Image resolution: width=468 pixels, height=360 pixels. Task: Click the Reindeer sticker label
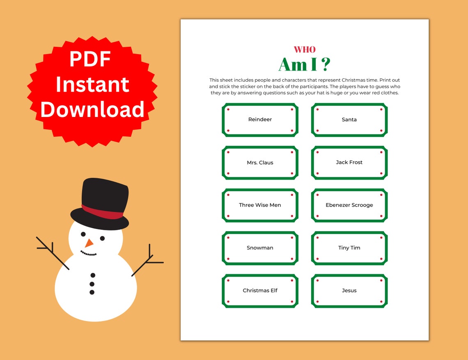point(260,119)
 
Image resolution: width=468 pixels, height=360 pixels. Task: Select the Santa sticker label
point(349,119)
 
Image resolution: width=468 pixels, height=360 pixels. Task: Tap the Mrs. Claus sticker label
point(260,163)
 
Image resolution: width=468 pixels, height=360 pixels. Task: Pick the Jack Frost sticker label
point(349,162)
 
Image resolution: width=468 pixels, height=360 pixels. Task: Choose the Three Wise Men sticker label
point(260,205)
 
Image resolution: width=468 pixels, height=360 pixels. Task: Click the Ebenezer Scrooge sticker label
point(349,205)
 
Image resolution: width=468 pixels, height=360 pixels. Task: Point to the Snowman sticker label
point(260,248)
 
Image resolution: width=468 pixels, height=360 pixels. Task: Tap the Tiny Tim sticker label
point(349,248)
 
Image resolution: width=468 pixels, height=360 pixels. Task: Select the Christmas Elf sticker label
point(260,290)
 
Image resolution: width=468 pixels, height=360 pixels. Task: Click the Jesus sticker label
point(349,290)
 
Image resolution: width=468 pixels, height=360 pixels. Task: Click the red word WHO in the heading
point(305,50)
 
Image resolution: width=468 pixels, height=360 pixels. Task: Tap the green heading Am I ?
point(304,64)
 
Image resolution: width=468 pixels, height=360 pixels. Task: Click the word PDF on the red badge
point(90,59)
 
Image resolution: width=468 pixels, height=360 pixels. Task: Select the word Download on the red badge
point(92,110)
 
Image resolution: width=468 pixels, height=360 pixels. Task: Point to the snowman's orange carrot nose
point(89,243)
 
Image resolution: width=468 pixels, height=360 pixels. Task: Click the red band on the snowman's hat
point(103,212)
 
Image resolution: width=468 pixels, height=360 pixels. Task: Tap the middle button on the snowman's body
point(92,284)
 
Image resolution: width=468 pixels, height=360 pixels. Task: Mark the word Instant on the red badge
point(92,84)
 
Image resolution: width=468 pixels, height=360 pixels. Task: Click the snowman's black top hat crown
point(105,193)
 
